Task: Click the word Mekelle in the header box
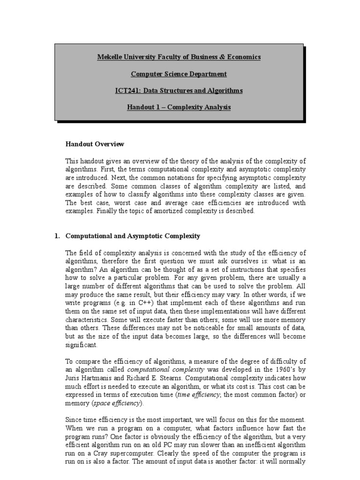click(109, 57)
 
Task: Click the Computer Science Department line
click(179, 74)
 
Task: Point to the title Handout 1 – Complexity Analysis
click(179, 107)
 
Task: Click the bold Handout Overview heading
click(95, 144)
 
